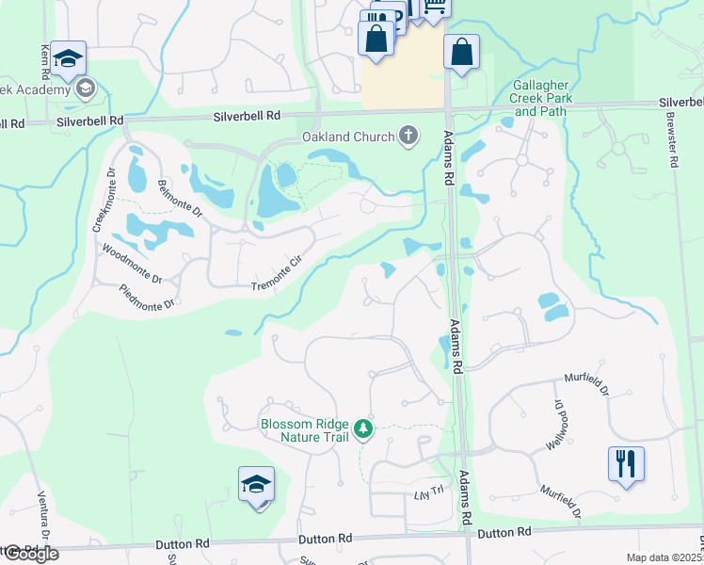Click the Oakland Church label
coord(347,137)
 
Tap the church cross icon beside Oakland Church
coord(408,137)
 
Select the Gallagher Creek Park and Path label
coord(540,97)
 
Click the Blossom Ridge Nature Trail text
coord(305,430)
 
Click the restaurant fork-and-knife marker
coord(626,463)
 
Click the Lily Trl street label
coord(428,494)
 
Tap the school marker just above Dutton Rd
coord(256,485)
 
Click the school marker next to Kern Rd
coord(68,59)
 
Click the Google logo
coord(30,554)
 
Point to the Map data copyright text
coord(664,557)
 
